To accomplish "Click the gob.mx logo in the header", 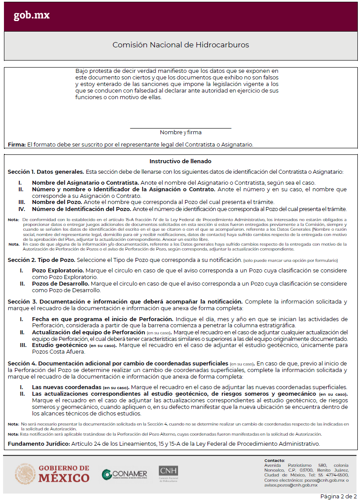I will pyautogui.click(x=32, y=15).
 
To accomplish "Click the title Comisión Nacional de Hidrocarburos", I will pyautogui.click(x=181, y=45).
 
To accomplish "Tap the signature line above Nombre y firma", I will pyautogui.click(x=181, y=128).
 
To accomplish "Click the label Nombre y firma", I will pyautogui.click(x=181, y=132).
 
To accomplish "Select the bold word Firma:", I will pyautogui.click(x=17, y=144).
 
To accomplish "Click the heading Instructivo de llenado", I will pyautogui.click(x=180, y=161).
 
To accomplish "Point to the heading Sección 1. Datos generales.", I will pyautogui.click(x=46, y=172).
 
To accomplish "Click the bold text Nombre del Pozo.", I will pyautogui.click(x=57, y=202).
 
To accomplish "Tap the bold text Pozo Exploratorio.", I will pyautogui.click(x=58, y=271).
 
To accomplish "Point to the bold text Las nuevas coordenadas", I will pyautogui.click(x=66, y=387).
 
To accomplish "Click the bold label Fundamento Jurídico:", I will pyautogui.click(x=39, y=444).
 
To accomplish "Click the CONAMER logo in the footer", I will pyautogui.click(x=124, y=475).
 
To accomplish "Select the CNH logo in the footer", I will pyautogui.click(x=168, y=473).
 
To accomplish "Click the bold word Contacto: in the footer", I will pyautogui.click(x=274, y=460).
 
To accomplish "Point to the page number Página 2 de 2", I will pyautogui.click(x=338, y=496).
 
